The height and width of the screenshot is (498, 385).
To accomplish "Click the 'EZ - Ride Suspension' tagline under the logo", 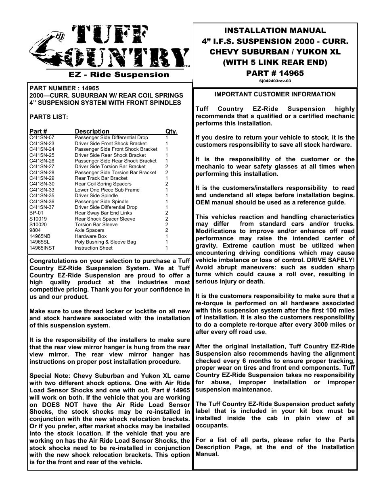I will point(119,75).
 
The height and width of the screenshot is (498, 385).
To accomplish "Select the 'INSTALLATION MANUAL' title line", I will point(275,30).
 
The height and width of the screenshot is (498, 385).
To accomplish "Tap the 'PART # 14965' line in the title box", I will point(275,73).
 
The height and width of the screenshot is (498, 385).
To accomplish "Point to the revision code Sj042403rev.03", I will point(275,81).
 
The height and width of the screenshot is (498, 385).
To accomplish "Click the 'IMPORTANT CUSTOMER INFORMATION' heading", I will point(275,94).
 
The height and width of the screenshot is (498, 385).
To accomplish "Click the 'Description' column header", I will point(92,131).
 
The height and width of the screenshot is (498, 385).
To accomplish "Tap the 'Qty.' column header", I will point(171,131).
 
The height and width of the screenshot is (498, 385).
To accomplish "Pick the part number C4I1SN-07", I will point(42,138).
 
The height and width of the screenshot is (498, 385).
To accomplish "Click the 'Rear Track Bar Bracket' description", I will point(101,178).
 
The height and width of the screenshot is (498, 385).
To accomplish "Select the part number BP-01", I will point(36,213).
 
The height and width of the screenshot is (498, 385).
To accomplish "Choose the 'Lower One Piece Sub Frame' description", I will point(107,190).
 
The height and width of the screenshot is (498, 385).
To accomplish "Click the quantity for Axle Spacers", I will point(167,230).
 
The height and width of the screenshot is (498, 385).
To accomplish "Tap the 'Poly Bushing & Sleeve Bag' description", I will point(105,242).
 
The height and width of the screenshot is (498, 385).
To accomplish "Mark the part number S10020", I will point(38,225).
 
